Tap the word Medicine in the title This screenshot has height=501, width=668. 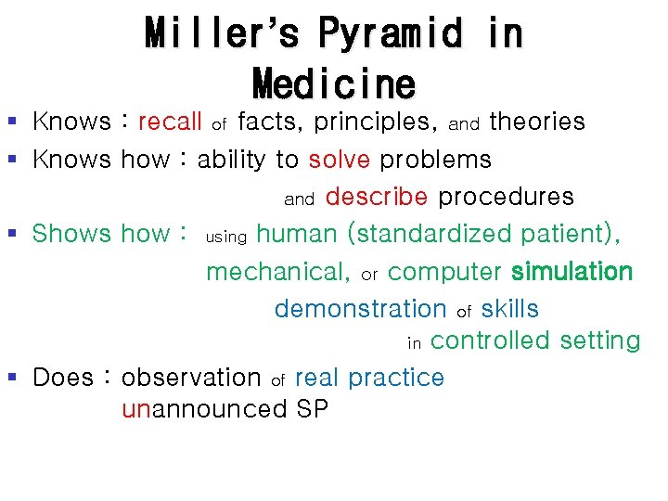(x=334, y=84)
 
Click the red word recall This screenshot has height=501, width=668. (x=170, y=122)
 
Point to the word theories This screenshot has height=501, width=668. (x=537, y=122)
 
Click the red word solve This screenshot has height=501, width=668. (x=340, y=160)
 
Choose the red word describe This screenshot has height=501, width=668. (x=377, y=197)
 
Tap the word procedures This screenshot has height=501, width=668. (x=506, y=197)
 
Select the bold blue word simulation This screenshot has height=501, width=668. (x=572, y=271)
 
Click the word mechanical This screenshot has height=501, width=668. (x=277, y=272)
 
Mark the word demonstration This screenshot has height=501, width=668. (x=361, y=308)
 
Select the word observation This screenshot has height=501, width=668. (x=191, y=378)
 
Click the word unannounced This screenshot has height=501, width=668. (x=205, y=409)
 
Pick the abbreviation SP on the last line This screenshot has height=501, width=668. (x=313, y=409)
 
